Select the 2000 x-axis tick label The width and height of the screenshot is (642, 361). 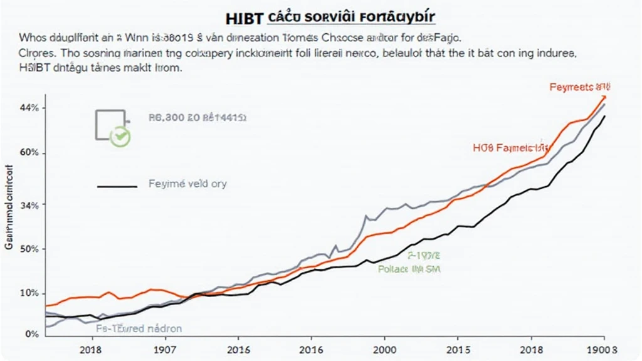pyautogui.click(x=384, y=348)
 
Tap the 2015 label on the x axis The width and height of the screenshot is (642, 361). pyautogui.click(x=460, y=348)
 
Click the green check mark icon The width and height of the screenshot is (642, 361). pyautogui.click(x=120, y=137)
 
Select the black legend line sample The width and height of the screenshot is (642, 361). pyautogui.click(x=117, y=186)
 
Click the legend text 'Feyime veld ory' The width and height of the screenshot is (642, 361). pyautogui.click(x=187, y=184)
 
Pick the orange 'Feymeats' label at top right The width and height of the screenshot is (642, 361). pyautogui.click(x=580, y=88)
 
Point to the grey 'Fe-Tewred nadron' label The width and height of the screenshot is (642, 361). pyautogui.click(x=139, y=328)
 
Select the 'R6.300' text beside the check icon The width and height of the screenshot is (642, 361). pyautogui.click(x=164, y=117)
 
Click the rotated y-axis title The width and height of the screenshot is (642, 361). pyautogui.click(x=9, y=207)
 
